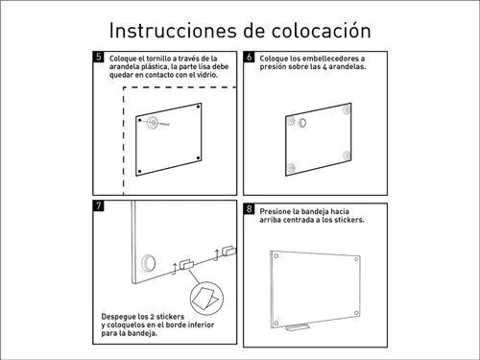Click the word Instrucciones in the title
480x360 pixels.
tap(173, 31)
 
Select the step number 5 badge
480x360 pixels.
tap(99, 57)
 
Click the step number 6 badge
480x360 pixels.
tap(249, 57)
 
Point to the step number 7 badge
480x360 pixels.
tap(99, 205)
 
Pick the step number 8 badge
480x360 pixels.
tap(249, 208)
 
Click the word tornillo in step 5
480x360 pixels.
tap(158, 59)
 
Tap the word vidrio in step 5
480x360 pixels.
tap(207, 75)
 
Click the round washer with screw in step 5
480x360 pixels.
tap(153, 123)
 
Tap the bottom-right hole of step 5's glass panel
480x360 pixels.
tap(198, 157)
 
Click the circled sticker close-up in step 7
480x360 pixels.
tap(206, 299)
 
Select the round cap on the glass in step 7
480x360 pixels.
tap(149, 263)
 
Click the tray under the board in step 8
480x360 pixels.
tap(298, 327)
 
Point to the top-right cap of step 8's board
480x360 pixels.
tap(356, 259)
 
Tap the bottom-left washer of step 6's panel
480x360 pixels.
tap(291, 168)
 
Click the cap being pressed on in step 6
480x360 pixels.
tap(302, 123)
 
